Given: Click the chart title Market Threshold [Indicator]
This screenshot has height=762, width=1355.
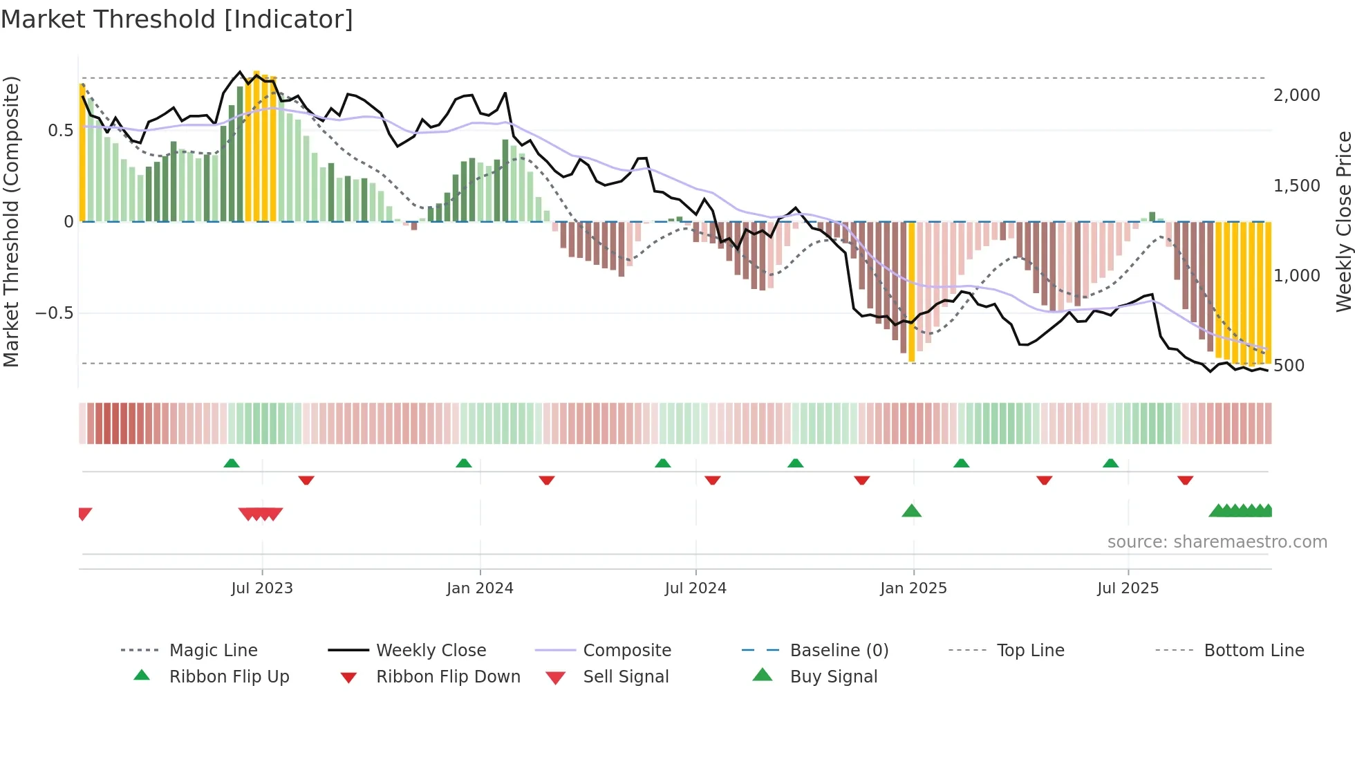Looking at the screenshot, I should point(177,19).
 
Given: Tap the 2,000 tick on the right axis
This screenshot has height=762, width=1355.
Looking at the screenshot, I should point(1296,95).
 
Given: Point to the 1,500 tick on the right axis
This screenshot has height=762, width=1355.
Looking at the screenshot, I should point(1296,186).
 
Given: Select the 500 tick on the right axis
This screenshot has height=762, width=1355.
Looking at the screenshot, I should point(1289,366).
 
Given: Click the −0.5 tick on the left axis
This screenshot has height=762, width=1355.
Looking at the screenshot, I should point(55,313).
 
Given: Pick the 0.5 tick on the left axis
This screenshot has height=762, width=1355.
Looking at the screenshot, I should point(60,131).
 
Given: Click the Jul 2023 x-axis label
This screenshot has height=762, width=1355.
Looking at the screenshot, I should point(262,588).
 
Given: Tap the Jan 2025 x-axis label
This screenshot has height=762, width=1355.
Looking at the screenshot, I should point(913,588).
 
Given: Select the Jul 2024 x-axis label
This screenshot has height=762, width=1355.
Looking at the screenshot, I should point(695,588).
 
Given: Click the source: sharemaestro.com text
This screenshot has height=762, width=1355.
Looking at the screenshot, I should point(1217,542).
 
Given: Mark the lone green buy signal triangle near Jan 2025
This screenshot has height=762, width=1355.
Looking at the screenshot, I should point(911,511).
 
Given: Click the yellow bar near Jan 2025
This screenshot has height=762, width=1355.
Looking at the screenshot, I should point(911,290).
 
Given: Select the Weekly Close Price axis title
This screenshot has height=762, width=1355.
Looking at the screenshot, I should point(1343,221).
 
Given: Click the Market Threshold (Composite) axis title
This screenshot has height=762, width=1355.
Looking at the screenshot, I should point(11,221).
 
